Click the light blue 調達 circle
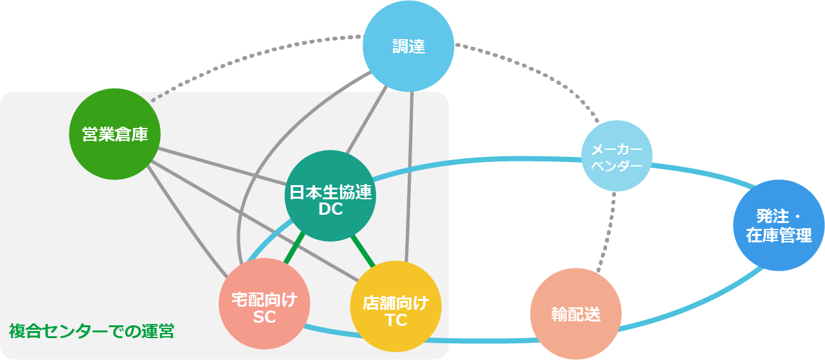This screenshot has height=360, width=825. pyautogui.click(x=408, y=46)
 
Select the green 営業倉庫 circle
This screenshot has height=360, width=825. pyautogui.click(x=114, y=134)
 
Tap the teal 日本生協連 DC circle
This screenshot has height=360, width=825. pyautogui.click(x=331, y=195)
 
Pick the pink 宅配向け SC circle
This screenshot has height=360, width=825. pyautogui.click(x=264, y=308)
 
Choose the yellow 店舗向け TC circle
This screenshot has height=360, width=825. pyautogui.click(x=395, y=307)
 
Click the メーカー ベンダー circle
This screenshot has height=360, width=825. pyautogui.click(x=617, y=157)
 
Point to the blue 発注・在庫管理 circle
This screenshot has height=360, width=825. pyautogui.click(x=778, y=226)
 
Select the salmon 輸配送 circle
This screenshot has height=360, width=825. pyautogui.click(x=576, y=314)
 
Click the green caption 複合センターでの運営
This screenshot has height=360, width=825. pyautogui.click(x=91, y=332)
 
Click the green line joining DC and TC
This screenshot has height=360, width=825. pyautogui.click(x=363, y=251)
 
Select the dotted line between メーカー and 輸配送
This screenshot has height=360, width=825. pyautogui.click(x=606, y=231)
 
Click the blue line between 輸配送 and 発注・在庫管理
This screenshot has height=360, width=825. pyautogui.click(x=694, y=309)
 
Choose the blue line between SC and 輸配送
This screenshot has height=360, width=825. pyautogui.click(x=418, y=339)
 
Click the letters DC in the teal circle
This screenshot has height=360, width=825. pyautogui.click(x=331, y=210)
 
